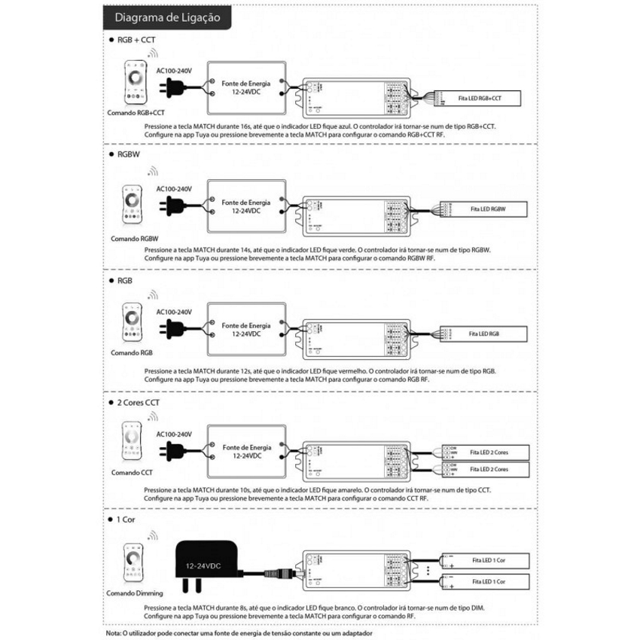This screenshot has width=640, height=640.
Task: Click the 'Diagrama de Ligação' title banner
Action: pos(168,17)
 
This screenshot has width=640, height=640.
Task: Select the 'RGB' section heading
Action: pos(125,280)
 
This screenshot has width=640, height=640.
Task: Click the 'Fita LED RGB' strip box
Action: pos(486,333)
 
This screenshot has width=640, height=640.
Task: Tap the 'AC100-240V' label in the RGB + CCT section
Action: pos(175,70)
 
